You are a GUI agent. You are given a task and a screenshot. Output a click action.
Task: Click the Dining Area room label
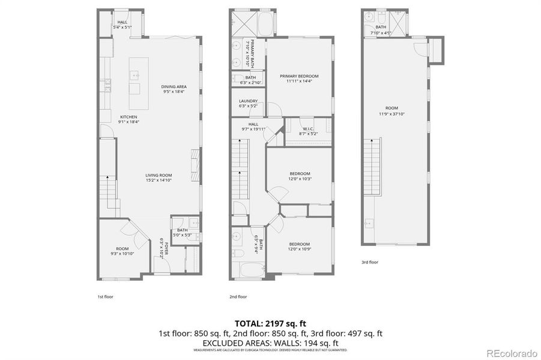[174, 86]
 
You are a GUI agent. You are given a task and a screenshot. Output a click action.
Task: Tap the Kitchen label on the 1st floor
[128, 116]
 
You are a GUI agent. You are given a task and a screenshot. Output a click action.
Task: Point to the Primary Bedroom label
[299, 76]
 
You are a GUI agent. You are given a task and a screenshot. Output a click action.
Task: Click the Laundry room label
[248, 101]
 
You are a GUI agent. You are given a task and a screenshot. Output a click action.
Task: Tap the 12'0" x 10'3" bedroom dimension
[300, 178]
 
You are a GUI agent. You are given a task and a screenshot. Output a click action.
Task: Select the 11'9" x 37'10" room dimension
[392, 113]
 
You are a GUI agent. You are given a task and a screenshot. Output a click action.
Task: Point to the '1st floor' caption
[105, 296]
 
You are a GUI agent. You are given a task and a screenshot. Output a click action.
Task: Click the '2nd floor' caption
[238, 296]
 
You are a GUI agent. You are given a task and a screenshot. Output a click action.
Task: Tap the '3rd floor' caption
[370, 262]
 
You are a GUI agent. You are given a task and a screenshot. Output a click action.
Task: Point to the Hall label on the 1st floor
[122, 22]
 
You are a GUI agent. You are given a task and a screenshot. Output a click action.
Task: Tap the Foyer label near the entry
[162, 247]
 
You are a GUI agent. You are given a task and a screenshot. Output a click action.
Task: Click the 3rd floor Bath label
[381, 26]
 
